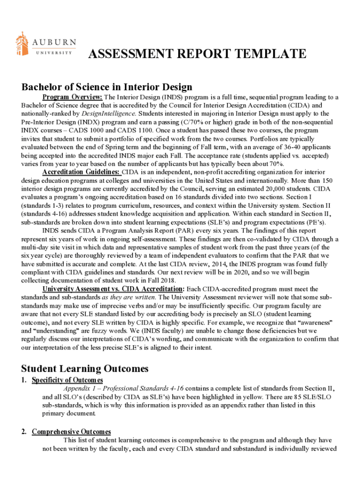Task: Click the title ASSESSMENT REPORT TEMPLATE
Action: [197, 55]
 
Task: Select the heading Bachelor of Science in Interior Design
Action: [107, 87]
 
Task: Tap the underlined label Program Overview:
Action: [72, 97]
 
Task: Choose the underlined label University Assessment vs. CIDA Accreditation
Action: [112, 290]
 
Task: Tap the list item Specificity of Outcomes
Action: [67, 380]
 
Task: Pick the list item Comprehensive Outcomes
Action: [71, 432]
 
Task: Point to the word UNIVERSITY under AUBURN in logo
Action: [54, 52]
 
